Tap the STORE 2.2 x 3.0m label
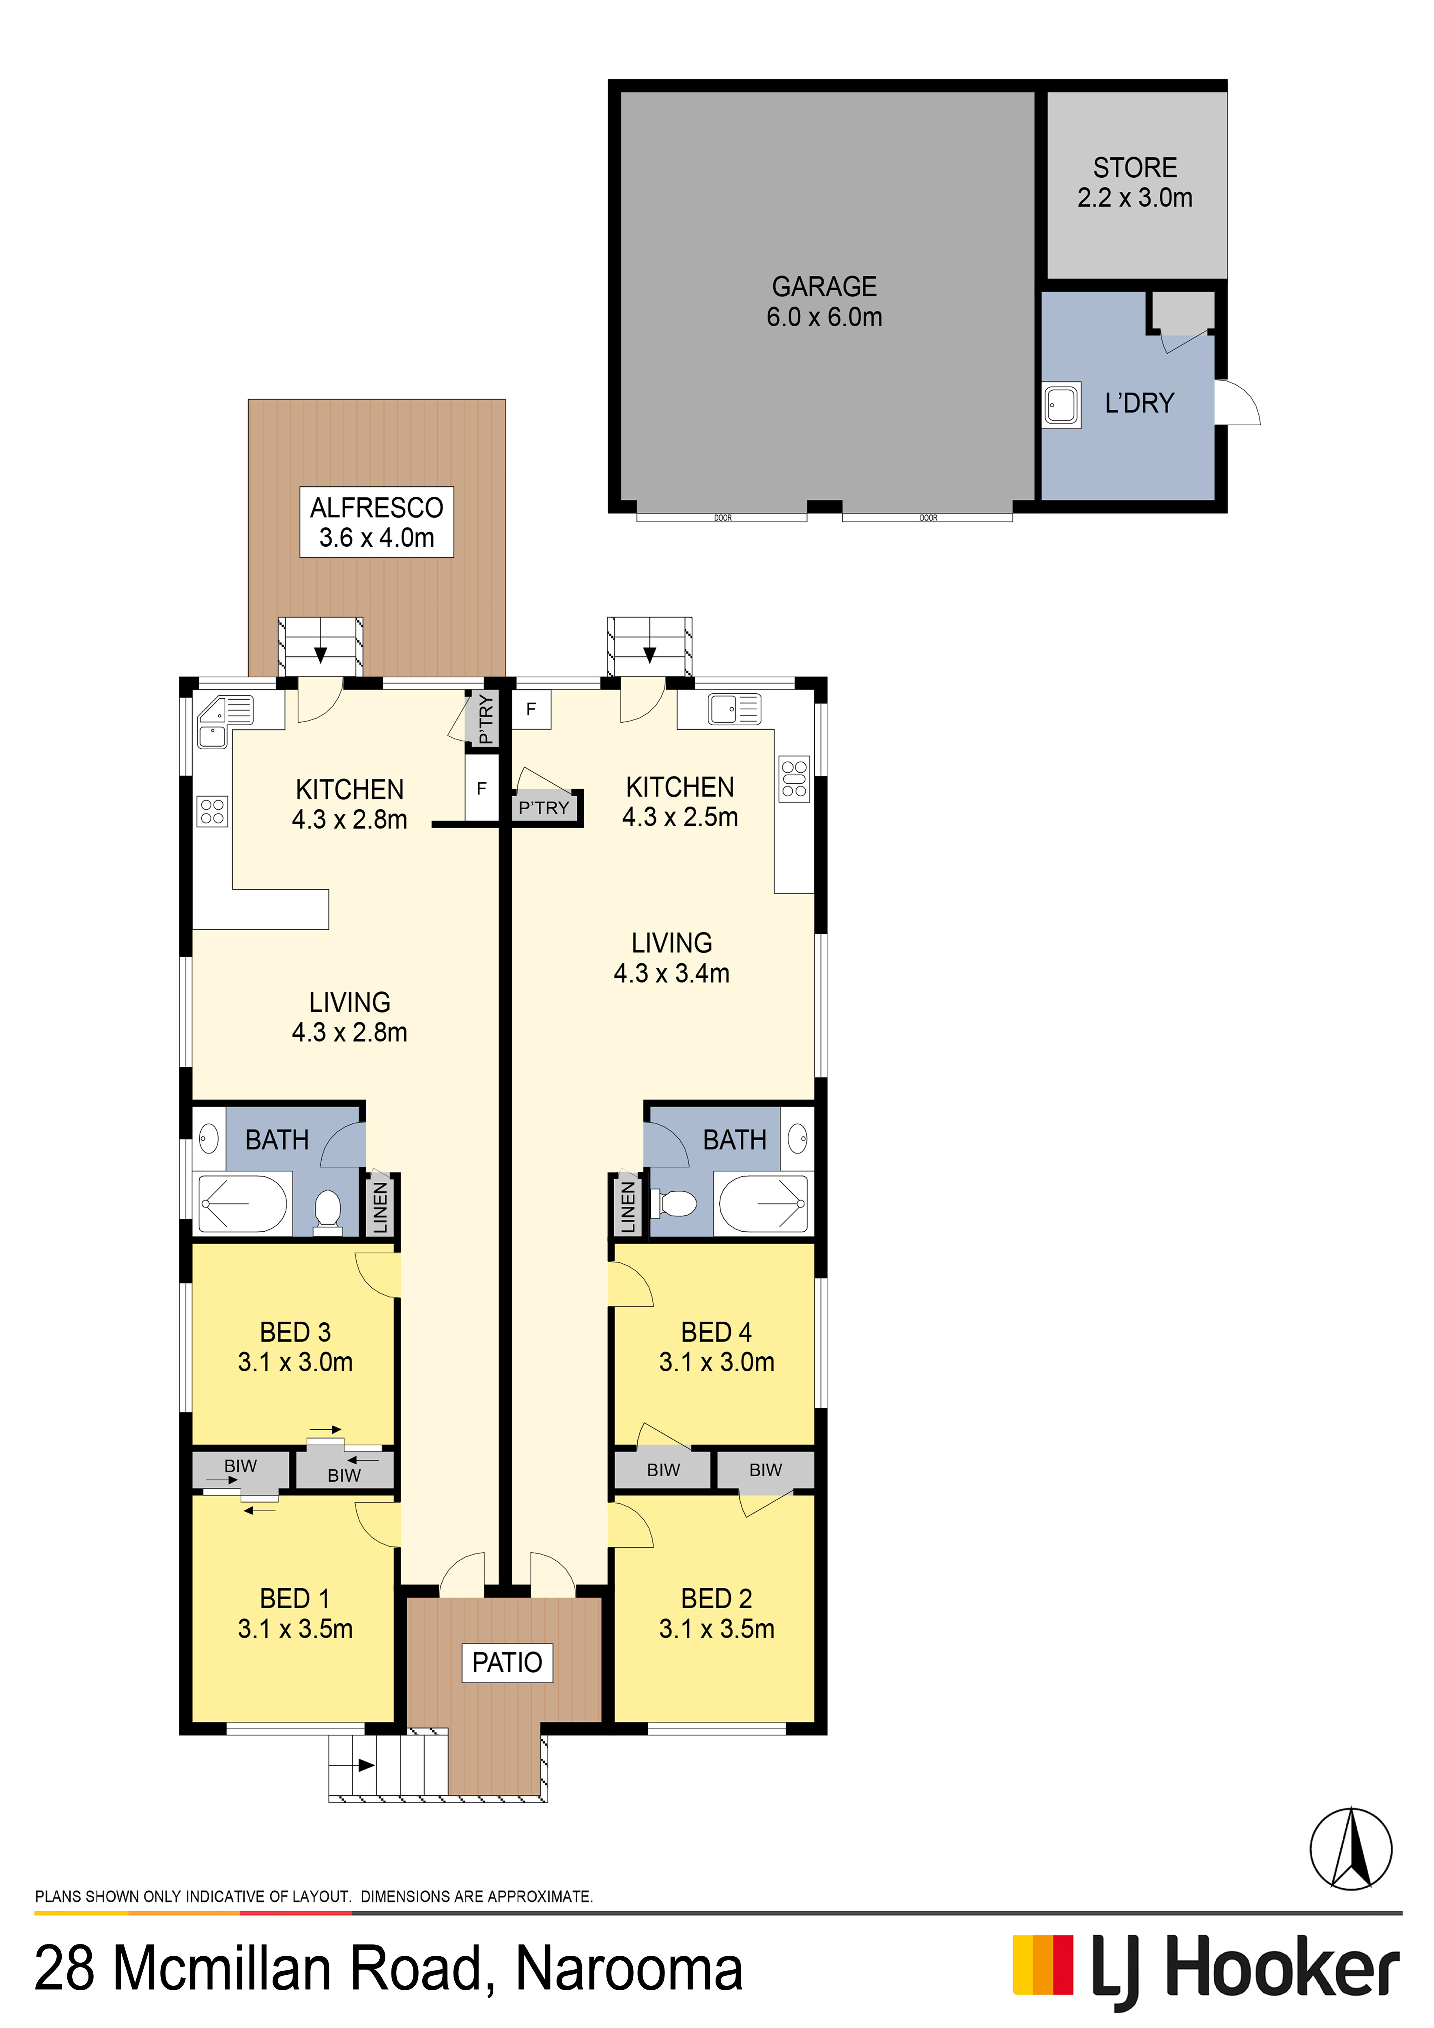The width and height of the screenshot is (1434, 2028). click(1135, 182)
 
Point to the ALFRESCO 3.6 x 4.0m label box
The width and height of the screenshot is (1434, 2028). click(376, 522)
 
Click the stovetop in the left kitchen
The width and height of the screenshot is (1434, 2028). click(212, 811)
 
